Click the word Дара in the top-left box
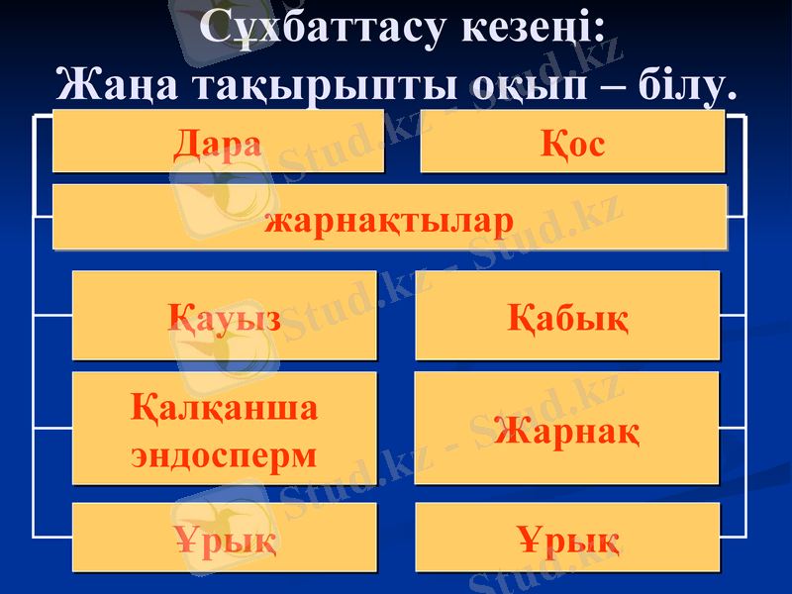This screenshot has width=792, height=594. point(218,144)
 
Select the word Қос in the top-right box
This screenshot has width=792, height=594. point(573,146)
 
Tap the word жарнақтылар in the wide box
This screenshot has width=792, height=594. point(389,219)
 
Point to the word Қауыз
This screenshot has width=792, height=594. point(225,318)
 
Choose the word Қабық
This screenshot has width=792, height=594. point(567,318)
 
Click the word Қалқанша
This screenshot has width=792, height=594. point(225,407)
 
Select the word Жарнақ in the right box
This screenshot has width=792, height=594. point(567,430)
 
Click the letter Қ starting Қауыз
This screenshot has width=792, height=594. point(181,318)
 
